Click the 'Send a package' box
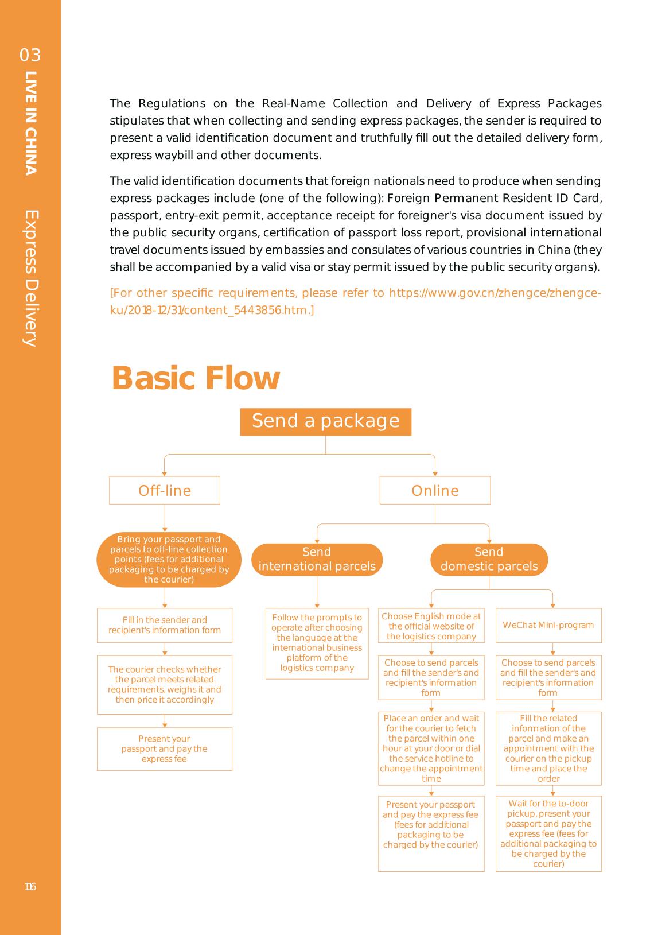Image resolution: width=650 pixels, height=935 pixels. (x=325, y=421)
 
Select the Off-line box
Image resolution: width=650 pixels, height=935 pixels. (x=165, y=490)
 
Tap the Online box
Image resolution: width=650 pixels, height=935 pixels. (x=435, y=490)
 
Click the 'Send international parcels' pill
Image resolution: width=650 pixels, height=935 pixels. (x=317, y=559)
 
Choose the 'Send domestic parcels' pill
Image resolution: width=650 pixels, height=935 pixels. (x=489, y=559)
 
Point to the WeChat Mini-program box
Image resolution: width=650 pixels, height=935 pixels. (x=548, y=625)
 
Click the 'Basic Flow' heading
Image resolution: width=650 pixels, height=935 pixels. (x=196, y=378)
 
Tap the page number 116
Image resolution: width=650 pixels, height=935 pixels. (x=30, y=887)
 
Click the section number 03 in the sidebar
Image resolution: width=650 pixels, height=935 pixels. (x=30, y=55)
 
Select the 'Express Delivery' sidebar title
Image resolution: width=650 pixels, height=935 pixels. (x=31, y=278)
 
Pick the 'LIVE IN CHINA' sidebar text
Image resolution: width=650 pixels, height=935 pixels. (x=31, y=123)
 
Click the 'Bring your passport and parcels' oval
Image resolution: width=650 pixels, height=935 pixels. (x=169, y=559)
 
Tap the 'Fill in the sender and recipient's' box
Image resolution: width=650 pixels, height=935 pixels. (x=165, y=625)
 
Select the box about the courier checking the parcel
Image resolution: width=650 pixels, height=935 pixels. (x=165, y=684)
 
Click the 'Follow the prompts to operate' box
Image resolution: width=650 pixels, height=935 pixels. (x=317, y=643)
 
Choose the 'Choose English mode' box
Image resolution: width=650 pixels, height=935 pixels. (x=431, y=626)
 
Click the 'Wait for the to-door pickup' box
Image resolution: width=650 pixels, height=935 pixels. (x=548, y=833)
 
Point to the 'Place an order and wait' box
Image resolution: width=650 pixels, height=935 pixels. (x=431, y=748)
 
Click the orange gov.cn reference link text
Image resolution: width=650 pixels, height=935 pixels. (x=355, y=301)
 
